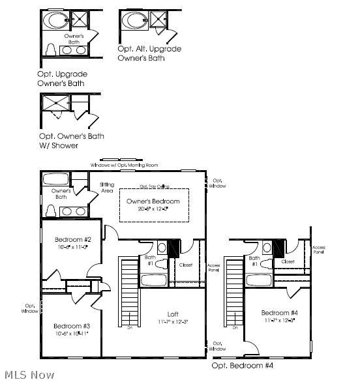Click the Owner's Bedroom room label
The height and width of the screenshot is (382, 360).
154,201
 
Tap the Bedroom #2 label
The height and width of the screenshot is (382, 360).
72,239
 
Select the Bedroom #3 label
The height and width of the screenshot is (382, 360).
72,325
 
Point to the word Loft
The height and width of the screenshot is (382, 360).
172,313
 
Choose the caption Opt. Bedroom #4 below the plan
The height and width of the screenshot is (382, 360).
243,366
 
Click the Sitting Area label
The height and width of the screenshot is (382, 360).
108,188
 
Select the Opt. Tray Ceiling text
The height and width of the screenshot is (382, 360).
154,185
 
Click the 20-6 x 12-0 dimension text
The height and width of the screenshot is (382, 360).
154,209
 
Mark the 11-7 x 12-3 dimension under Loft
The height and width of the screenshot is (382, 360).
172,321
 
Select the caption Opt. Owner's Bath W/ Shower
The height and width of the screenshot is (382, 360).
71,140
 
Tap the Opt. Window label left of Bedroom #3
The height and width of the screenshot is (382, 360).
30,308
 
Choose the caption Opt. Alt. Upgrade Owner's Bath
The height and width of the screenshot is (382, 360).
149,53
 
